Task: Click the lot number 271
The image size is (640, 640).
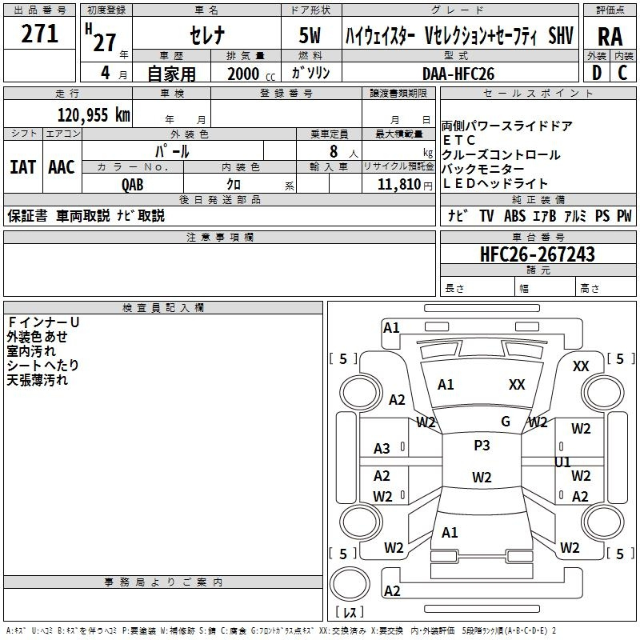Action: coord(39,34)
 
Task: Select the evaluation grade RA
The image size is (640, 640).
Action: coord(610,37)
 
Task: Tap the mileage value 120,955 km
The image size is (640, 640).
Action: coord(94,115)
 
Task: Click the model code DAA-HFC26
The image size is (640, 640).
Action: coord(458,74)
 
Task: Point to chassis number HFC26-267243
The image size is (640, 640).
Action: coord(538,254)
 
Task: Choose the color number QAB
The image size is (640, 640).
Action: coord(132,185)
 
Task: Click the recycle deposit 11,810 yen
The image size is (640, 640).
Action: coord(405,185)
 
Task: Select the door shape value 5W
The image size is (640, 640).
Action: coord(310,35)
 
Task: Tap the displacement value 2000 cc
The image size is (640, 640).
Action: coord(251,74)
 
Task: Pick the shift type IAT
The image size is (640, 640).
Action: coord(22,167)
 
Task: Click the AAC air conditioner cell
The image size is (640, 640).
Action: coord(62,167)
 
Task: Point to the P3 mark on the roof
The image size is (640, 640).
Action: coord(482,446)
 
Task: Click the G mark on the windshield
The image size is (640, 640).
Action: coord(506,422)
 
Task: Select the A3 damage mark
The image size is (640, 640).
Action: coord(382,449)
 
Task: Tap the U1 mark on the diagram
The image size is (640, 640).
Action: coord(562,462)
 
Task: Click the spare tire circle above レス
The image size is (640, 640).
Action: coord(350,584)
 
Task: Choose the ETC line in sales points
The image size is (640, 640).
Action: coord(458,141)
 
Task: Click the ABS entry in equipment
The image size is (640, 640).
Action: coord(514,216)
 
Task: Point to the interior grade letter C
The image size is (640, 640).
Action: coord(623,73)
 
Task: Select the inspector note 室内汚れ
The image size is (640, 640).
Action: coord(31,351)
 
